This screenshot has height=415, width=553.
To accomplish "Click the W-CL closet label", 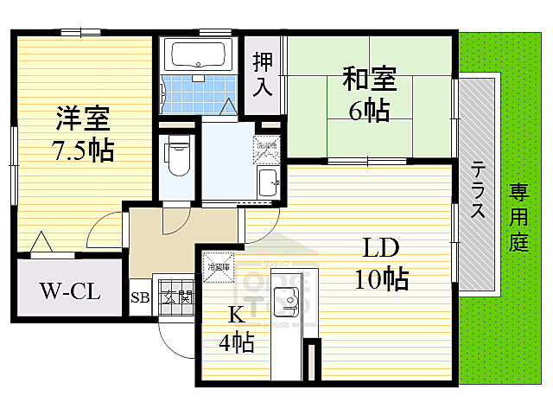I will (70, 291).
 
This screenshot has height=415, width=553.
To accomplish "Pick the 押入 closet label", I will (263, 73).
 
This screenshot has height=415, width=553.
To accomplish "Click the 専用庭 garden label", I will (518, 216).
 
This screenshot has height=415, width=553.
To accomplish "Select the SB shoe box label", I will (140, 298).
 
